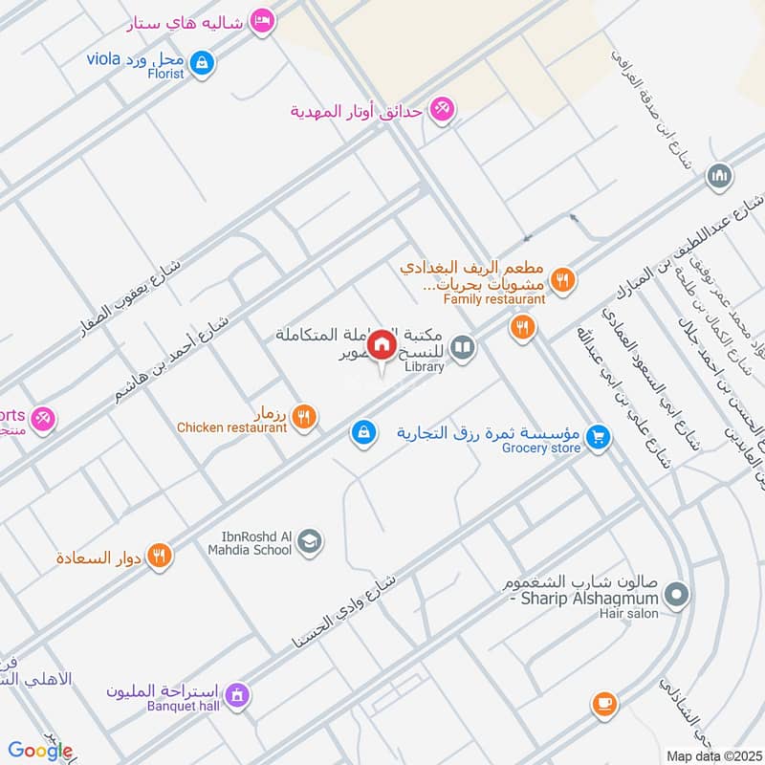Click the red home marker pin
[382, 344]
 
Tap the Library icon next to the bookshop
[464, 346]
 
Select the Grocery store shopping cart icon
[599, 435]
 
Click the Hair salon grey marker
[677, 597]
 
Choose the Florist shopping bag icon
[201, 63]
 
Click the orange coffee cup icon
[602, 703]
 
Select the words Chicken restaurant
[231, 427]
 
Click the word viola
[102, 59]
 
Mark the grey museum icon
[719, 176]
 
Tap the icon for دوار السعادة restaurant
[160, 555]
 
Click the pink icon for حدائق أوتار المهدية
[441, 109]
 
